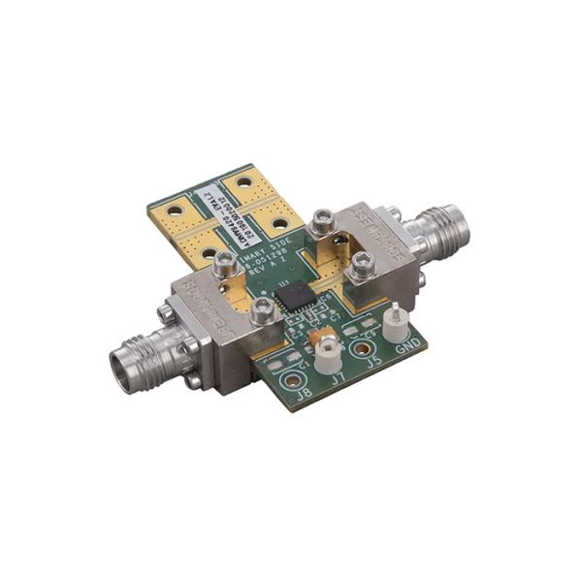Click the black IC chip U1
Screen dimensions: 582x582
(x=292, y=296)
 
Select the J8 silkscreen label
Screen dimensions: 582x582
(x=305, y=393)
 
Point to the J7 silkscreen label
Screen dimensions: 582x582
(x=339, y=381)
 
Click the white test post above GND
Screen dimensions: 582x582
(x=395, y=320)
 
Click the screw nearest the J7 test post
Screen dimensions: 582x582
(x=261, y=309)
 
